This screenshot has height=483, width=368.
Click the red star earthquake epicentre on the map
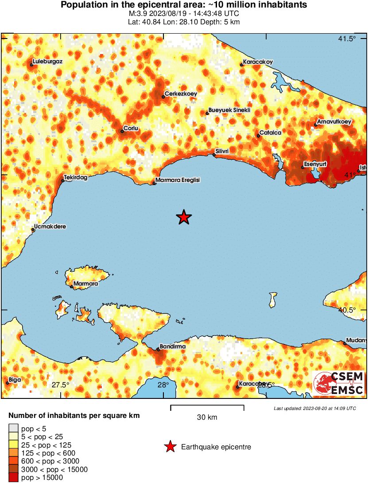[x=184, y=217]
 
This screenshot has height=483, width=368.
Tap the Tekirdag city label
[x=75, y=177]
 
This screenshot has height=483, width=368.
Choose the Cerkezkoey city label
[x=181, y=94]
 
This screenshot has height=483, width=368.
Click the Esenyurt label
[x=315, y=164]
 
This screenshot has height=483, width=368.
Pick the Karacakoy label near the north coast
[x=258, y=62]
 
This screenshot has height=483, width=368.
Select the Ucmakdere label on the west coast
[x=50, y=227]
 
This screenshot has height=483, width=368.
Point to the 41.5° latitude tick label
[x=347, y=39]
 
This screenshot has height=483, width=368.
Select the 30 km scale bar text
[x=207, y=417]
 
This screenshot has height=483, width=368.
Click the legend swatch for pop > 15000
[x=14, y=477]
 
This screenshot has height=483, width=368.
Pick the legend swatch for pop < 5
[x=14, y=428]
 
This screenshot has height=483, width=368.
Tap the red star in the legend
[x=170, y=447]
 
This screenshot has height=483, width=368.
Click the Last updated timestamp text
[x=314, y=408]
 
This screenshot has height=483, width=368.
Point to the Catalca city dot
[x=259, y=135]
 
